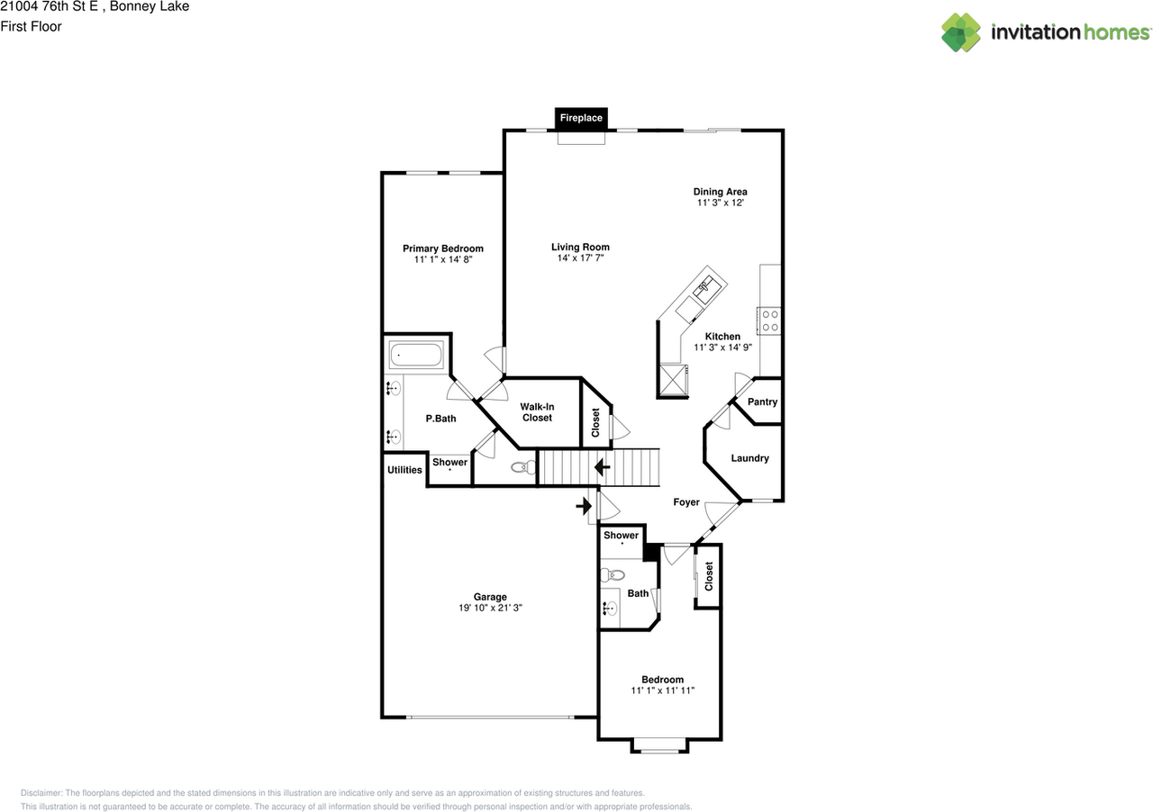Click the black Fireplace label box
coord(581,118)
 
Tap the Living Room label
coord(580,247)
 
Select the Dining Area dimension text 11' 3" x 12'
coord(720,203)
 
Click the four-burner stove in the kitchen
coord(770,320)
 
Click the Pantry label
coord(762,401)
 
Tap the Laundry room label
coord(750,458)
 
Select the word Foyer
coord(686,502)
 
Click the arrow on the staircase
coord(603,467)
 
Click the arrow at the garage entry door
coord(584,506)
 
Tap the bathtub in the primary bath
coord(416,355)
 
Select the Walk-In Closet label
coord(537,412)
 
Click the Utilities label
coord(404,470)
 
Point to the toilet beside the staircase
coord(523,467)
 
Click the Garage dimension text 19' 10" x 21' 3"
coord(490,608)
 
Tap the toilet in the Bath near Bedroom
coord(613,574)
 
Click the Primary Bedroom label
coord(442,248)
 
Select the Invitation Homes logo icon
coord(961,32)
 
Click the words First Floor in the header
coord(31,26)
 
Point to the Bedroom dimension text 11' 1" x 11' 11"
coord(662,690)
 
